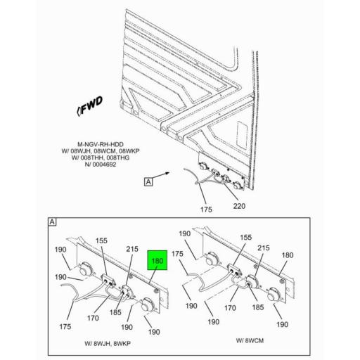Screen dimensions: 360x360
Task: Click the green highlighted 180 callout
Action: [x=157, y=262]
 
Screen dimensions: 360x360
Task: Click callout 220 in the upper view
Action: [x=240, y=207]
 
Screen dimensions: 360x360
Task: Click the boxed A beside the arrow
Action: [x=148, y=182]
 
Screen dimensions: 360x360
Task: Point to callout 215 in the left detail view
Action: [x=131, y=248]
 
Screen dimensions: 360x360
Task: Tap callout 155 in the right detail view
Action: [x=245, y=238]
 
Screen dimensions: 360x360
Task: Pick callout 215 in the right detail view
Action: [x=264, y=248]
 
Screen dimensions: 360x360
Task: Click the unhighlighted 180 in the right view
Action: [x=288, y=255]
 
